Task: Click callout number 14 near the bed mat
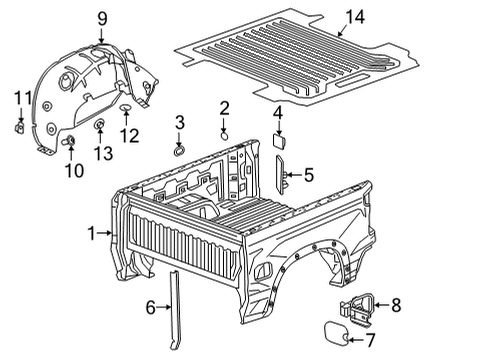(x=355, y=15)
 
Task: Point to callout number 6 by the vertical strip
(x=152, y=308)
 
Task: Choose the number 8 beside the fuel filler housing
(x=395, y=304)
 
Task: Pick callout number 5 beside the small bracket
(x=308, y=176)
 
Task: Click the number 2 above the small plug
(x=225, y=107)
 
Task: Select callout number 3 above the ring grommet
(x=180, y=122)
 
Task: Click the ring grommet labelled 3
(x=179, y=150)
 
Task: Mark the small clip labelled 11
(x=21, y=127)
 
